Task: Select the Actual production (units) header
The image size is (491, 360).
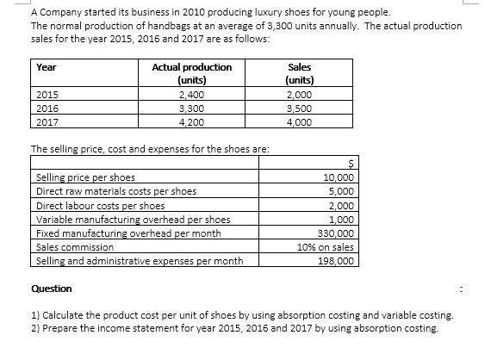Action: point(191,73)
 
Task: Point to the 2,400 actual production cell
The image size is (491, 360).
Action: point(191,96)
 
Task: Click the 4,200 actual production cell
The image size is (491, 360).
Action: point(191,121)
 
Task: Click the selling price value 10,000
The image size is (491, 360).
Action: point(337,177)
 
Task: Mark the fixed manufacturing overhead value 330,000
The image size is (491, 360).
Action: point(335,233)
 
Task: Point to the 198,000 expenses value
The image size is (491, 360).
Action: point(335,260)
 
